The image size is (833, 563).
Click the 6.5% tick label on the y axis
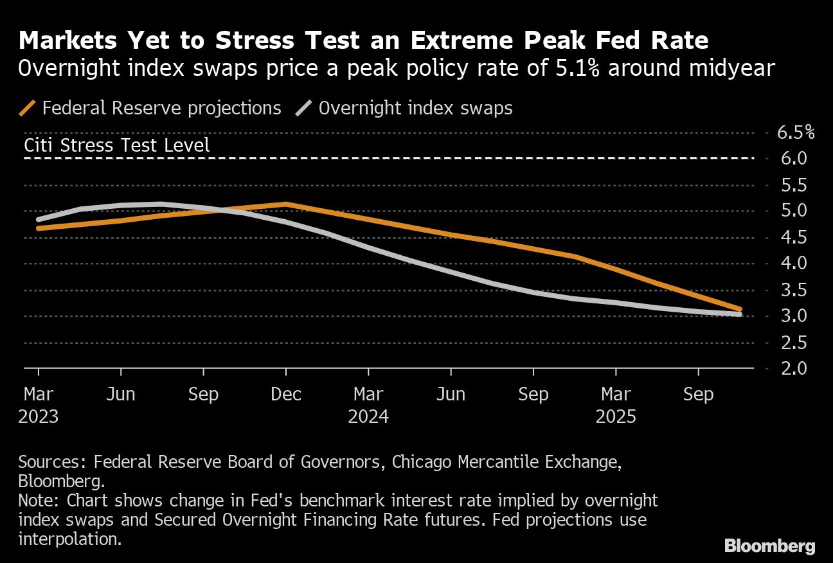click(796, 133)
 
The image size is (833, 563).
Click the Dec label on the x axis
click(286, 394)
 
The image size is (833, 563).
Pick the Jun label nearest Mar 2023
click(121, 394)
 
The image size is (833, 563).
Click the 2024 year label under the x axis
click(368, 416)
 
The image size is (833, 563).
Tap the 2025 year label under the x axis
click(616, 416)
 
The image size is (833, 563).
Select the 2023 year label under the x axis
click(39, 416)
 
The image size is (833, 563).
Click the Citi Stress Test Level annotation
click(117, 145)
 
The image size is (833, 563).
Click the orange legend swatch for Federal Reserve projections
click(28, 108)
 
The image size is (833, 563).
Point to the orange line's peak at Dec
click(286, 204)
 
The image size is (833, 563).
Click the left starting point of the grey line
click(39, 220)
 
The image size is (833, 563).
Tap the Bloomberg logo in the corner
click(769, 546)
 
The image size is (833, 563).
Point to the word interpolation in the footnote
click(69, 539)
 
